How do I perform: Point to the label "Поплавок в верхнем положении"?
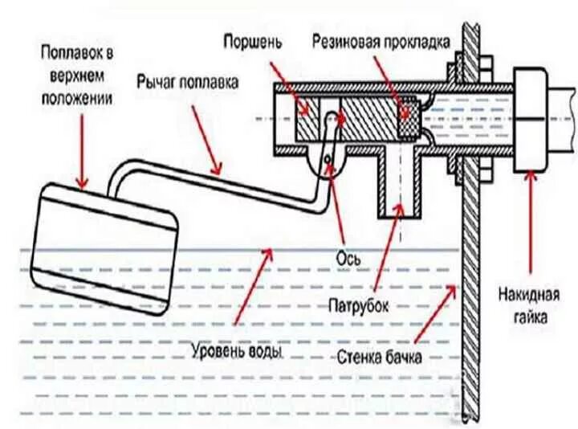(79, 76)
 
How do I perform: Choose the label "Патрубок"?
(359, 306)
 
